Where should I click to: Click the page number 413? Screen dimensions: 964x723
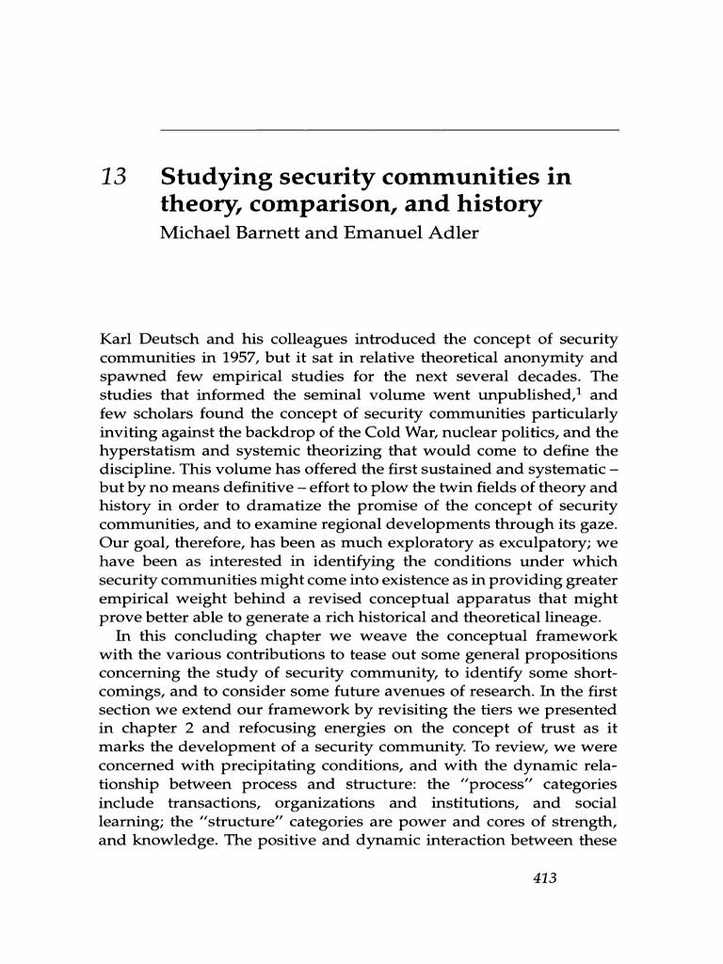point(544,877)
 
